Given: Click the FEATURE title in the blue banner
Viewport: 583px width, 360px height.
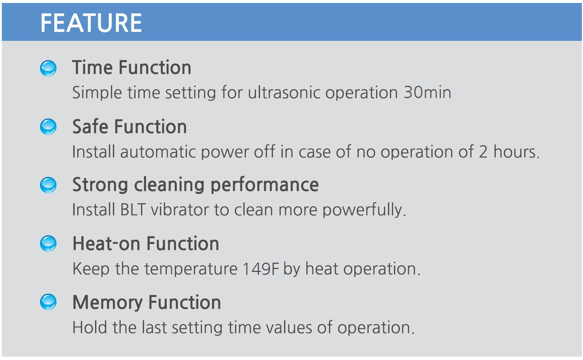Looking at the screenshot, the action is [91, 23].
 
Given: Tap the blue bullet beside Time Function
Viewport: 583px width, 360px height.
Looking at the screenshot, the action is [48, 68].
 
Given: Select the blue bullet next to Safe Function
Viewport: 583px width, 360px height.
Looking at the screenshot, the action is [48, 127].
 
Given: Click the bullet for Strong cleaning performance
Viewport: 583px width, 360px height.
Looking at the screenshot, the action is [48, 185].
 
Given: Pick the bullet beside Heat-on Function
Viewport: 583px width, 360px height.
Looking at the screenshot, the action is [48, 244].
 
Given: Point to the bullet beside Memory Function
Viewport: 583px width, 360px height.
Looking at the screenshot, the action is [48, 302].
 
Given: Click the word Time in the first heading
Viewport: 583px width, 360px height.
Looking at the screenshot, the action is [92, 67].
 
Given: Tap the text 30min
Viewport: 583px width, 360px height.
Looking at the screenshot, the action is [427, 93].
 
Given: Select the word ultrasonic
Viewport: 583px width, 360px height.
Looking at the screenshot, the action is [284, 93].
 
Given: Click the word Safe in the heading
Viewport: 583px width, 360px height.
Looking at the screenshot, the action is [90, 126].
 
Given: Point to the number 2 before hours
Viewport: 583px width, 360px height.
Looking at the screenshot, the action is [483, 152].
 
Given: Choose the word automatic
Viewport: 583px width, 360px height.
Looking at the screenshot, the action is [158, 152].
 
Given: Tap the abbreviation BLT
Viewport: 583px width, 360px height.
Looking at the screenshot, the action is [133, 210].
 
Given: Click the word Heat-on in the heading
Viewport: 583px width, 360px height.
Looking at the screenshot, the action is [107, 244].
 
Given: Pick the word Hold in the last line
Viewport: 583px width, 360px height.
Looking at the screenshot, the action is [89, 327].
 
